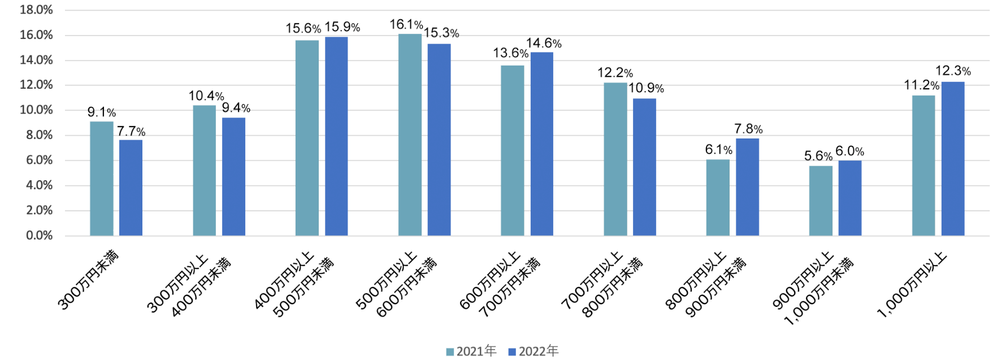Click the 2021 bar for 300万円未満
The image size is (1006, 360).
tap(102, 179)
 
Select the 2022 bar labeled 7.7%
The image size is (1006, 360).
tap(131, 188)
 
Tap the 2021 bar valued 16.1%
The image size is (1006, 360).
tap(410, 135)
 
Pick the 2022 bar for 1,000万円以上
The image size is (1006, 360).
tap(953, 159)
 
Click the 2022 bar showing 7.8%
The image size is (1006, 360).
tap(747, 187)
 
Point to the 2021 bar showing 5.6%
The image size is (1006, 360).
tap(821, 201)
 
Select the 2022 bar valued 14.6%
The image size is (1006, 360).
tap(541, 144)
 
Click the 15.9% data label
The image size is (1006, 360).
tap(342, 27)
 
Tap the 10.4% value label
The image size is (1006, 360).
tap(206, 96)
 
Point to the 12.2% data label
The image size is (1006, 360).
tap(615, 73)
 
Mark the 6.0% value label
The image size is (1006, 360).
tap(849, 151)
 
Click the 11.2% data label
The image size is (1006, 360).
tap(921, 85)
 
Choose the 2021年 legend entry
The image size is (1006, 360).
tap(471, 352)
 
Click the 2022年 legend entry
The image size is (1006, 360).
tap(534, 352)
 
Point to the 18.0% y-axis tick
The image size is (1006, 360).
tap(36, 10)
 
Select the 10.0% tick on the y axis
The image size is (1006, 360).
tap(36, 110)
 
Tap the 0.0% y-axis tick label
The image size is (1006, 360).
tap(39, 235)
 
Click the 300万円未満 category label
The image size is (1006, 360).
tap(88, 280)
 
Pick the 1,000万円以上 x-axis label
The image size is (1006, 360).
tap(911, 285)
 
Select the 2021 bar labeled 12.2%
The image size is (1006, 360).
tap(615, 159)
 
